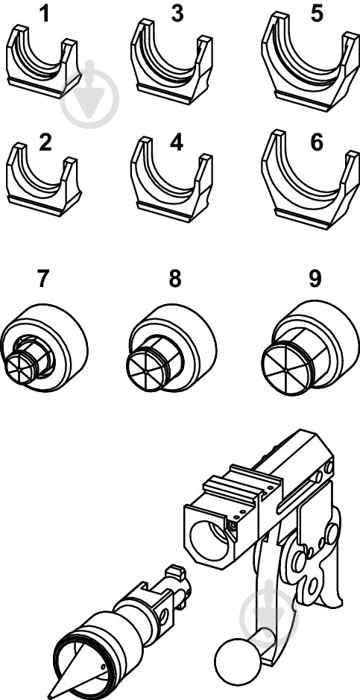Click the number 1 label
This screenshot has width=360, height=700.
click(45, 14)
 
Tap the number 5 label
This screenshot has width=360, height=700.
click(316, 14)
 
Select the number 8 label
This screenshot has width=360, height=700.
click(175, 279)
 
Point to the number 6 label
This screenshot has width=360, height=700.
click(316, 142)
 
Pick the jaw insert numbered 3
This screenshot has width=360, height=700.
click(171, 63)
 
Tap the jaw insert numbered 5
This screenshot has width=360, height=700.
click(310, 63)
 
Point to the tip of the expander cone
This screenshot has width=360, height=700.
click(49, 697)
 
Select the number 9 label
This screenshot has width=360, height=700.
click(315, 279)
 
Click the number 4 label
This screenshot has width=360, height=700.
click(177, 142)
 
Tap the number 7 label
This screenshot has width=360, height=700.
click(42, 279)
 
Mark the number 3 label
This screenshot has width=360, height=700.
click(177, 14)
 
